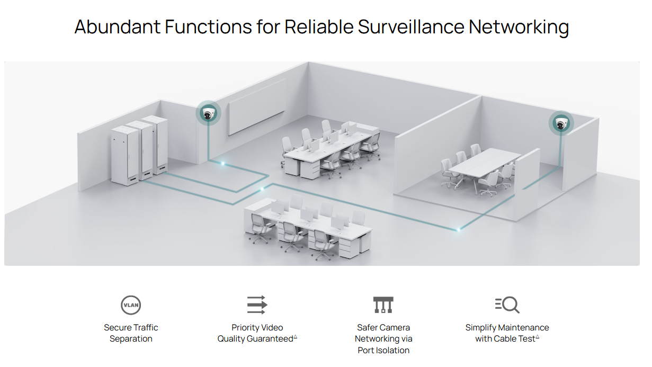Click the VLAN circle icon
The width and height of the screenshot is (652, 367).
click(131, 305)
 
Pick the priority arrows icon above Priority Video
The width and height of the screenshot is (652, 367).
click(257, 305)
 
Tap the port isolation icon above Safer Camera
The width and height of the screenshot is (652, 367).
click(383, 305)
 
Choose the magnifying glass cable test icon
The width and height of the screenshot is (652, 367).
click(507, 305)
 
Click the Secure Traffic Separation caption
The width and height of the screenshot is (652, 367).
click(131, 333)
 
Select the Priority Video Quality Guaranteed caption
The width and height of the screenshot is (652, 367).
click(257, 333)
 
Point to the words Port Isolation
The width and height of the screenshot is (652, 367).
click(383, 350)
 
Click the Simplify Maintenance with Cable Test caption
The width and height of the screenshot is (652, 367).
click(507, 333)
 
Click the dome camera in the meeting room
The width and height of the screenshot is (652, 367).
click(560, 124)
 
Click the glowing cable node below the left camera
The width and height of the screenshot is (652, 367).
click(223, 164)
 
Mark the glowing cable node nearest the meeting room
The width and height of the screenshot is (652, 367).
click(459, 229)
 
